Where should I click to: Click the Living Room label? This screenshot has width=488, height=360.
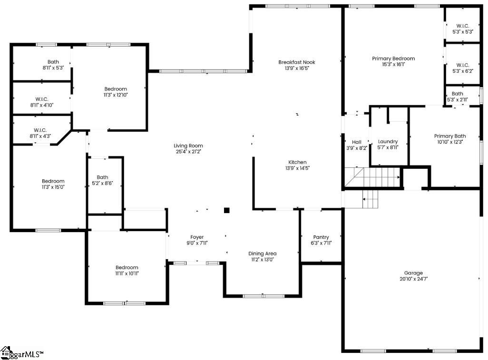[x=188, y=146]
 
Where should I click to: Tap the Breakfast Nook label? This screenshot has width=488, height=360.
[x=297, y=62]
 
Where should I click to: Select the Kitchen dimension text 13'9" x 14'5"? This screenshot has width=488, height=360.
[x=298, y=168]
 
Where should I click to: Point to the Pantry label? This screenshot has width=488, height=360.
[x=321, y=237]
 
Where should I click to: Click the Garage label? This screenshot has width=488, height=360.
[x=414, y=273]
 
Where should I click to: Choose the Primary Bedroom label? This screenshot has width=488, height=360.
[x=393, y=58]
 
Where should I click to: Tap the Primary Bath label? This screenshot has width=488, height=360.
[x=450, y=136]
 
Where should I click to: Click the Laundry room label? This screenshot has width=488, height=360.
[x=388, y=142]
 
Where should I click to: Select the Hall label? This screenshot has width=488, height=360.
[x=357, y=142]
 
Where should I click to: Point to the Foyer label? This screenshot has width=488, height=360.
[x=197, y=237]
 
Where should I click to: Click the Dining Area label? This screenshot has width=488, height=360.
[x=263, y=253]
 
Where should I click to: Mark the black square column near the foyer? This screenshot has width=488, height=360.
[x=227, y=211]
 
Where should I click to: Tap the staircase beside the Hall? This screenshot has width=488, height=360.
[x=372, y=177]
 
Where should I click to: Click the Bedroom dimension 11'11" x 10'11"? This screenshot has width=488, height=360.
[x=127, y=273]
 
